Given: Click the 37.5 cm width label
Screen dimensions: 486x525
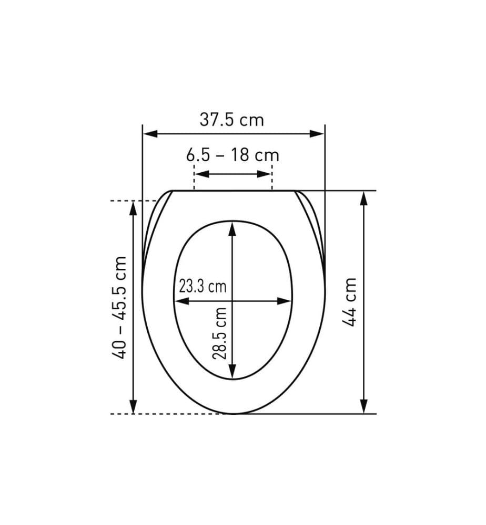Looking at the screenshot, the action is tap(232, 120).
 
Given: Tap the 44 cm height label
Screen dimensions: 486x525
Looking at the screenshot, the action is tap(349, 302).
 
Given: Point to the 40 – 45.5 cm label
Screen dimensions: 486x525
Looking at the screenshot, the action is tap(119, 307).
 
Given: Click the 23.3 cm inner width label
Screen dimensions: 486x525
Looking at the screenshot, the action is tap(202, 287).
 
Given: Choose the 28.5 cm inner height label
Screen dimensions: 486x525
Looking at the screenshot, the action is tap(220, 333).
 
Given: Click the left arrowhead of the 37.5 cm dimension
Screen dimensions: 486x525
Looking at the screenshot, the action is tap(150, 134).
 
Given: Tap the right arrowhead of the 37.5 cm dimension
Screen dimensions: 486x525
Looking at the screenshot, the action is tap(317, 134).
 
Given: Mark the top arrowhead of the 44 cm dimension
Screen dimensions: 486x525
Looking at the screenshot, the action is tap(363, 198).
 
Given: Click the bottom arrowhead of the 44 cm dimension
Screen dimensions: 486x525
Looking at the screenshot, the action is tap(363, 406).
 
